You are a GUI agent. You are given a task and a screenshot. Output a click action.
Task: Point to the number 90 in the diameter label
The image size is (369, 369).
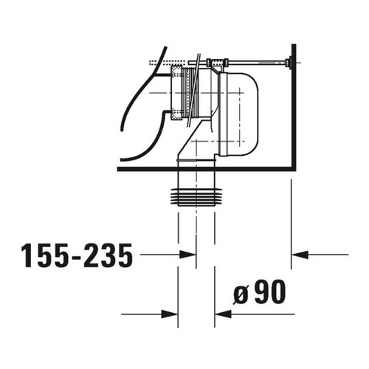tap(270, 293)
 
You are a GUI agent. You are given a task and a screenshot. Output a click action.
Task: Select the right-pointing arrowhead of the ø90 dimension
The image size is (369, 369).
tap(172, 313)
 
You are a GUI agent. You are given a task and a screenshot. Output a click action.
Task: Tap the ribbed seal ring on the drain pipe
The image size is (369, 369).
tap(196, 198)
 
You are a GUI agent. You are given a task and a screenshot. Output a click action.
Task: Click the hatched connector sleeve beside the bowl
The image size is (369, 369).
tap(176, 92)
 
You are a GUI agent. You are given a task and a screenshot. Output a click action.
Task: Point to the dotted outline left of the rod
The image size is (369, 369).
tap(166, 62)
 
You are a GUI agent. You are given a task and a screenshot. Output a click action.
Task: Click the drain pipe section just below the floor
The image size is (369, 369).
tap(196, 179)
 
